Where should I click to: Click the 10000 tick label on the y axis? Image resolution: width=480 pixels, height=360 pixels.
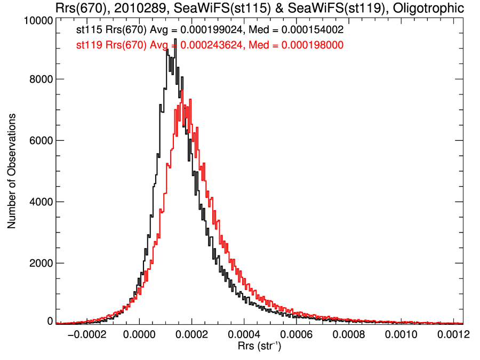tap(37, 20)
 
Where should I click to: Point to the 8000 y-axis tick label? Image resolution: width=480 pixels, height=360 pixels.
tap(39, 79)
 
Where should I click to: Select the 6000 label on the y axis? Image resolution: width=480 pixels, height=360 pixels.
tap(39, 141)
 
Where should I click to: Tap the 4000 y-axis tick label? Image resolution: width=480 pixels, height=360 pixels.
tap(39, 202)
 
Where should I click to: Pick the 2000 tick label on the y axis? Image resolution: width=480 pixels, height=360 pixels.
tap(39, 263)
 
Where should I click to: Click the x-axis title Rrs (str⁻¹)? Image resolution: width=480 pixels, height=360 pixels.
tap(259, 347)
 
